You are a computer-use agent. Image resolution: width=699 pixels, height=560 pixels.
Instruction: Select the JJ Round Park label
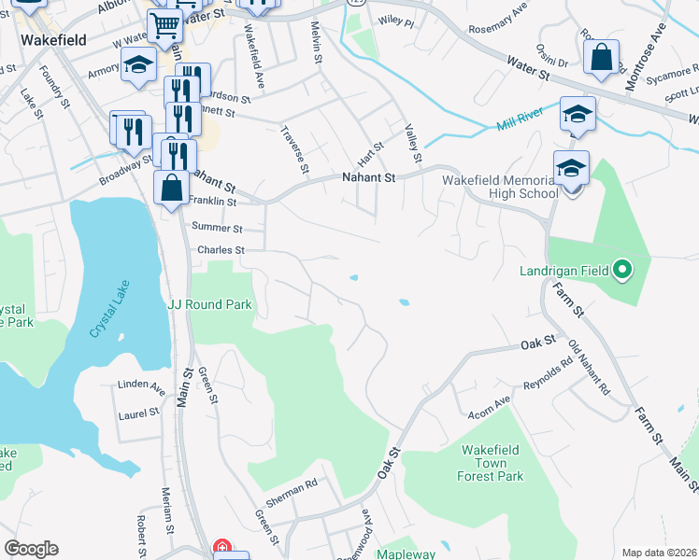click(209, 304)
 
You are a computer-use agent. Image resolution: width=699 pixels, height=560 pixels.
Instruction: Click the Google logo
click(31, 549)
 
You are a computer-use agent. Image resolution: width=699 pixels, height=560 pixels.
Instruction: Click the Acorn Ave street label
click(490, 402)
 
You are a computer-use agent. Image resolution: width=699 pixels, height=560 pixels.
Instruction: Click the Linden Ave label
click(141, 385)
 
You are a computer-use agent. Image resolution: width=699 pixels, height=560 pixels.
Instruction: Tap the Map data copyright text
click(658, 553)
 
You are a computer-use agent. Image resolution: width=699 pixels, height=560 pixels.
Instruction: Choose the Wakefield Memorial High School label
click(500, 187)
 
